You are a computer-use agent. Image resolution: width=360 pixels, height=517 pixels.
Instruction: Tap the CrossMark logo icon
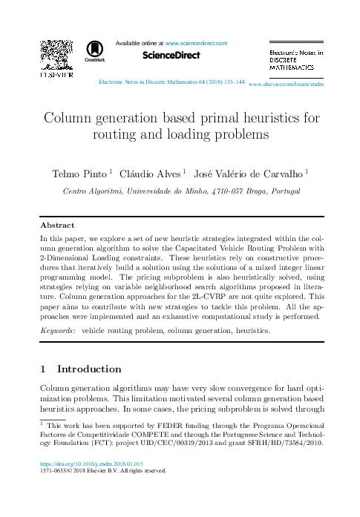95,50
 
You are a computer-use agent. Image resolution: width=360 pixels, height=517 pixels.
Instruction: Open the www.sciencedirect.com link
196,43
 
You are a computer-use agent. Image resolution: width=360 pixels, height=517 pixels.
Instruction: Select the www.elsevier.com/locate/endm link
287,85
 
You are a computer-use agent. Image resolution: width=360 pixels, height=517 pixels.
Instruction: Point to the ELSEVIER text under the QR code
56,76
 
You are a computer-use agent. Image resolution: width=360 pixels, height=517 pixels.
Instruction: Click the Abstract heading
57,225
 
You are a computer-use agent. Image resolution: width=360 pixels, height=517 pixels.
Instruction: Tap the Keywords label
58,329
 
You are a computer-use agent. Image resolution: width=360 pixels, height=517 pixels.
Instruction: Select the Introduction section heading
89,369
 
